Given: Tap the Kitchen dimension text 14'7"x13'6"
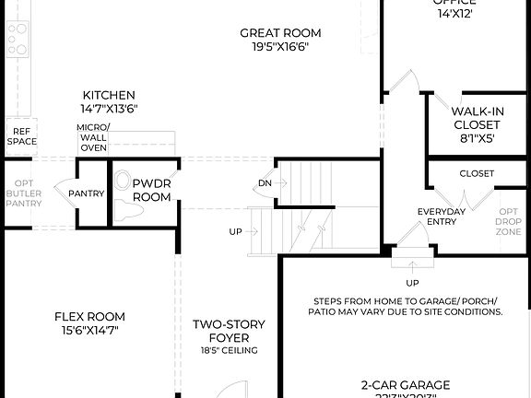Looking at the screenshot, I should coord(109,108).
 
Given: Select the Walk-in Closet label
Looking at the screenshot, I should coord(478,118).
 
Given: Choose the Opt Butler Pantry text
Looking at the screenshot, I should coord(23,193).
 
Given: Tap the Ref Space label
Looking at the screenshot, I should coord(21,136).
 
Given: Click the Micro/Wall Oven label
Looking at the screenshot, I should coord(93,137).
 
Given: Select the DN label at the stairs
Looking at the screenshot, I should coord(265,183).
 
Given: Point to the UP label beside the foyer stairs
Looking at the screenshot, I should coord(235,231).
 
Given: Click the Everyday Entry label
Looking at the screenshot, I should coord(442,217).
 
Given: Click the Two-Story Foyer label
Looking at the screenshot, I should coord(229,331).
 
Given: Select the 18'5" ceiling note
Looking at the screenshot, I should coord(229,351).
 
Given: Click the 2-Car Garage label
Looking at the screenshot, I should coord(406,384).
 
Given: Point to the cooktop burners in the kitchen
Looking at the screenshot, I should coord(17,40).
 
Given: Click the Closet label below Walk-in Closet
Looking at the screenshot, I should coord(476,173).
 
